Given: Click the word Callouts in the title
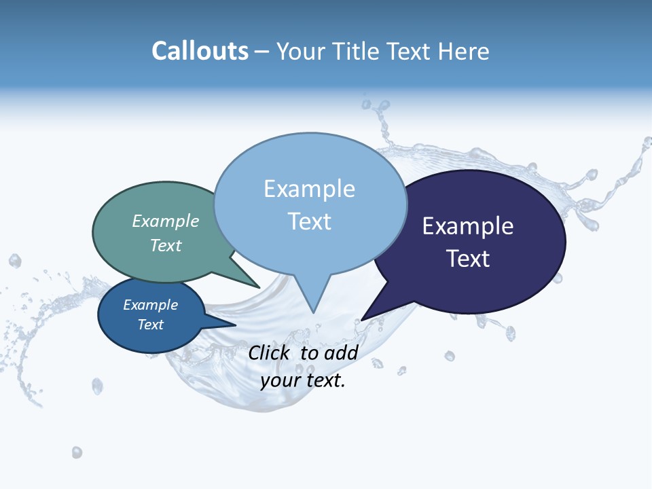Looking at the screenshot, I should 200,51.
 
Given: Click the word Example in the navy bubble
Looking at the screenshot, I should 467,226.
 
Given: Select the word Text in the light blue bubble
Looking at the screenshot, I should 309,221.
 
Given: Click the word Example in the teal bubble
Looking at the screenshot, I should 165,221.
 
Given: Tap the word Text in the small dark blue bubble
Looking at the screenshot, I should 150,325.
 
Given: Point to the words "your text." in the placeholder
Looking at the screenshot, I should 302,380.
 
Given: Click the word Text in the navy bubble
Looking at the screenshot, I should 467,259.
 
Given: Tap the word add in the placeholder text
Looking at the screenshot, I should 340,352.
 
